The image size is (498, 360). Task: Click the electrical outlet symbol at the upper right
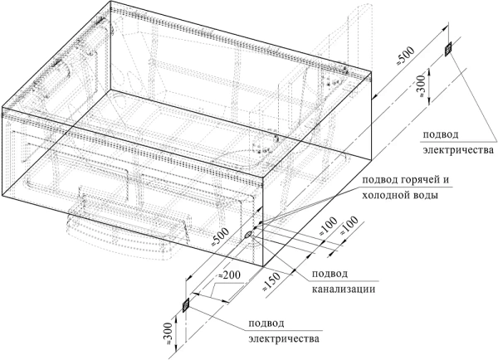(449, 49)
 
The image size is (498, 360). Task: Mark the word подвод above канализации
(330, 274)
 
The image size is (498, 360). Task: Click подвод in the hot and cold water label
(374, 181)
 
